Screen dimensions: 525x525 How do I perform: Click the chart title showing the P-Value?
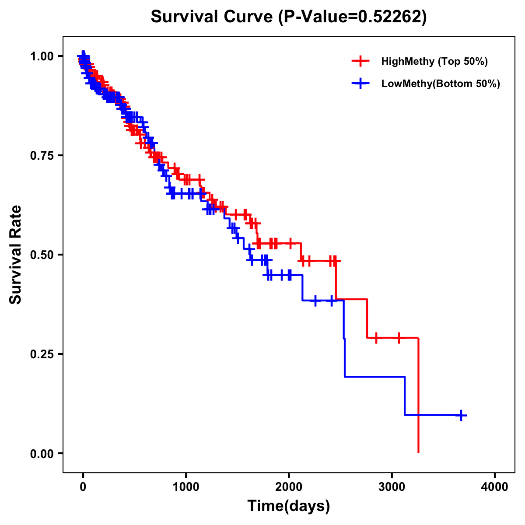[288, 17]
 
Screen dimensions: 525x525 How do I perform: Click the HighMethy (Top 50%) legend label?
[434, 61]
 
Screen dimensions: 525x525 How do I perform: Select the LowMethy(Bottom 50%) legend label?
[440, 84]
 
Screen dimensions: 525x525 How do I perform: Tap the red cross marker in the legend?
[360, 61]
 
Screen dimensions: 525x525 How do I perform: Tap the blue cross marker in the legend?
[360, 84]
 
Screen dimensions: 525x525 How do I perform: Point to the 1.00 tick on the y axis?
[42, 56]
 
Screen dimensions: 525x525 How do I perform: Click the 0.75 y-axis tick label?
[42, 156]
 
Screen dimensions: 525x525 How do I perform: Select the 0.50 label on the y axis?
[42, 255]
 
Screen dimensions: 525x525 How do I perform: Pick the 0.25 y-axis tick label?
[42, 354]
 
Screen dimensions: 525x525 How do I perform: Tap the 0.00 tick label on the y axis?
[42, 454]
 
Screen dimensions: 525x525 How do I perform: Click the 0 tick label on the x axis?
[83, 487]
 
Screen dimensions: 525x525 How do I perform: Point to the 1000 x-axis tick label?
[186, 487]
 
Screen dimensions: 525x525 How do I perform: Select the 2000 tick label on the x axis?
[289, 487]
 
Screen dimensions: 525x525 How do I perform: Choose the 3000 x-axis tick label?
[392, 487]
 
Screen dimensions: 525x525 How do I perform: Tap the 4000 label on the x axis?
[495, 487]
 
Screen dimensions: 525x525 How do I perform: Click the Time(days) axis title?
[289, 506]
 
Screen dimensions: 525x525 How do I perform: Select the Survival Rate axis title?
[16, 255]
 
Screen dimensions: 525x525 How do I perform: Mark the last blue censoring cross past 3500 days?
[461, 415]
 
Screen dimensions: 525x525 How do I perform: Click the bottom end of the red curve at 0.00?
[419, 452]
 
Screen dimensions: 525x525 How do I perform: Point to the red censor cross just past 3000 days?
[399, 338]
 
